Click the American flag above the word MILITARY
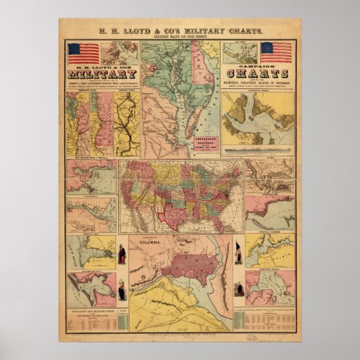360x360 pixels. (83, 52)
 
